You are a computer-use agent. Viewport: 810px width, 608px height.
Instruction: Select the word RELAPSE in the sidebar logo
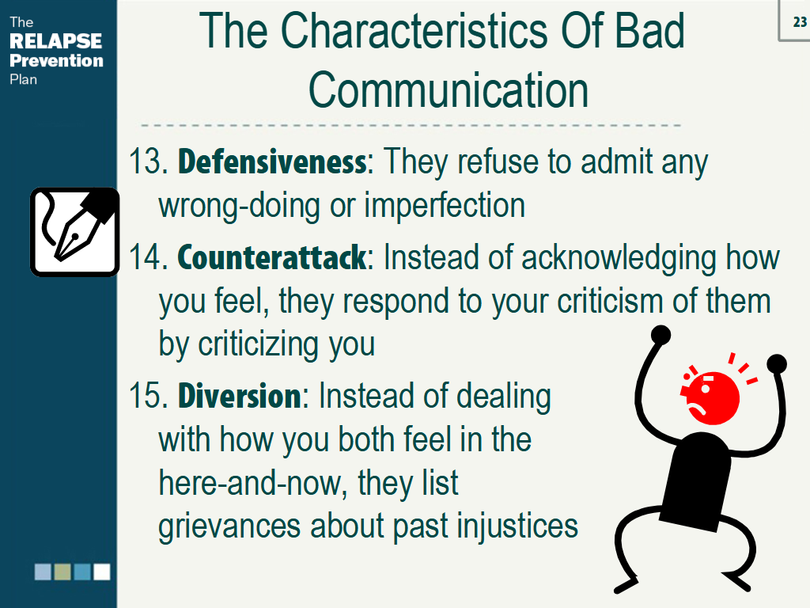tap(56, 41)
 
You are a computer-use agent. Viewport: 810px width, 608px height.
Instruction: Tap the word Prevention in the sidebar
tap(56, 60)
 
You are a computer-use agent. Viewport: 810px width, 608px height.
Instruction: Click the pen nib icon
tap(74, 231)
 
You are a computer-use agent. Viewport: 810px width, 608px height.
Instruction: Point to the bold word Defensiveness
tap(272, 162)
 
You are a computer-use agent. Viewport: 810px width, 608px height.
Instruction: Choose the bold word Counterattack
tap(272, 257)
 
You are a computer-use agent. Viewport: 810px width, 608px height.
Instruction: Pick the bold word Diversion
tap(240, 396)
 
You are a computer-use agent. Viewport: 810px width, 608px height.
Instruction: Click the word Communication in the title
tap(449, 91)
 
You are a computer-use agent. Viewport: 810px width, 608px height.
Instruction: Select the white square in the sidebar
tap(102, 572)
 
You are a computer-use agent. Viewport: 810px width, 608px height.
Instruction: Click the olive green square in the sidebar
tap(62, 572)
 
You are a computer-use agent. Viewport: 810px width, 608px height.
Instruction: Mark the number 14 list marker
tap(147, 258)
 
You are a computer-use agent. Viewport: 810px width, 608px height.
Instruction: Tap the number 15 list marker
tap(147, 397)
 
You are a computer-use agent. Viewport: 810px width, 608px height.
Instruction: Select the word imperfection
tap(445, 206)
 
